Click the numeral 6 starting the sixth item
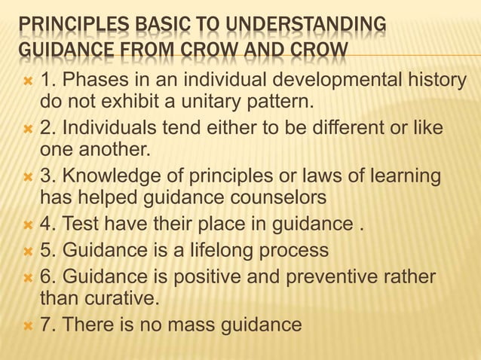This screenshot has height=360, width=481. point(46,276)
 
